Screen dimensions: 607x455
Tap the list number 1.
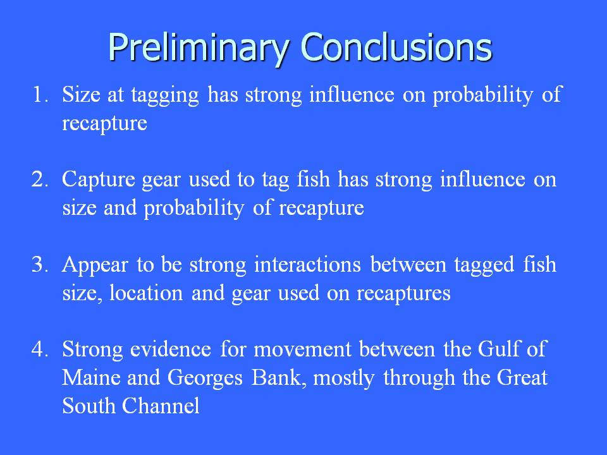click(x=39, y=94)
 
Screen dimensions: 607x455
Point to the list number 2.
click(x=39, y=179)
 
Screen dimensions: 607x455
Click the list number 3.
click(x=39, y=264)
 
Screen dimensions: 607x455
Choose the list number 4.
click(x=39, y=349)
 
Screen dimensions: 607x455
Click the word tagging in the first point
click(x=165, y=96)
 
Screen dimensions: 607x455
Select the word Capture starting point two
click(x=99, y=180)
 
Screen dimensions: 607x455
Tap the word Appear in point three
click(x=95, y=266)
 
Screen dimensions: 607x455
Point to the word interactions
click(x=307, y=265)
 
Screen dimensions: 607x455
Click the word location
click(x=146, y=293)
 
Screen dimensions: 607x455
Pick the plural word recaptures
click(x=403, y=294)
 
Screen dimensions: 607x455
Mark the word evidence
click(x=170, y=349)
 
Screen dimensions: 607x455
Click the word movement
click(x=302, y=350)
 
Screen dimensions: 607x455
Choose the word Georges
click(x=205, y=379)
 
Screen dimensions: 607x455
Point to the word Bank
click(x=276, y=377)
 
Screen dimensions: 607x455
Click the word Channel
click(x=161, y=406)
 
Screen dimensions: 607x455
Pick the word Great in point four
click(x=522, y=377)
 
